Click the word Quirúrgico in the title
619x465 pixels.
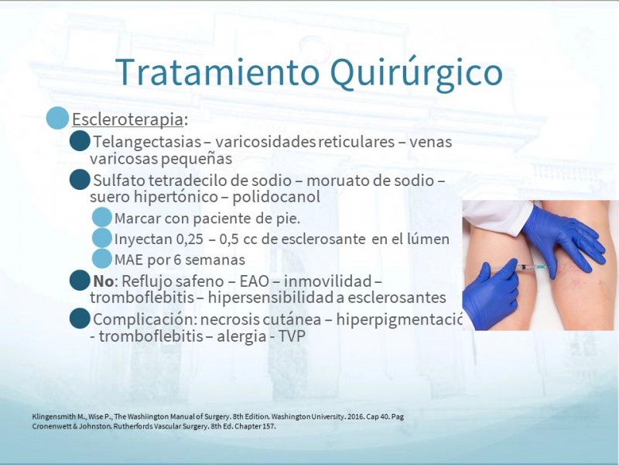[x=416, y=73]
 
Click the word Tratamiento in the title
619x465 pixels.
[x=217, y=72]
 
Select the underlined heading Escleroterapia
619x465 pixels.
[x=128, y=119]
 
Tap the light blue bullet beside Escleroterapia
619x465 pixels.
[x=57, y=118]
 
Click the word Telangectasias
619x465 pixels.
[x=147, y=142]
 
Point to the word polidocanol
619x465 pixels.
[x=276, y=197]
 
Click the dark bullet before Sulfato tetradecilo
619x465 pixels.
[x=80, y=180]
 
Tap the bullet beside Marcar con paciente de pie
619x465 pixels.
[x=102, y=217]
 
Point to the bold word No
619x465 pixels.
[x=104, y=281]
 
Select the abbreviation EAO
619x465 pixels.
[x=255, y=281]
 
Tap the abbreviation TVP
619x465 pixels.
[x=292, y=336]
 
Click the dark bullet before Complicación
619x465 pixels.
[x=80, y=319]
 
